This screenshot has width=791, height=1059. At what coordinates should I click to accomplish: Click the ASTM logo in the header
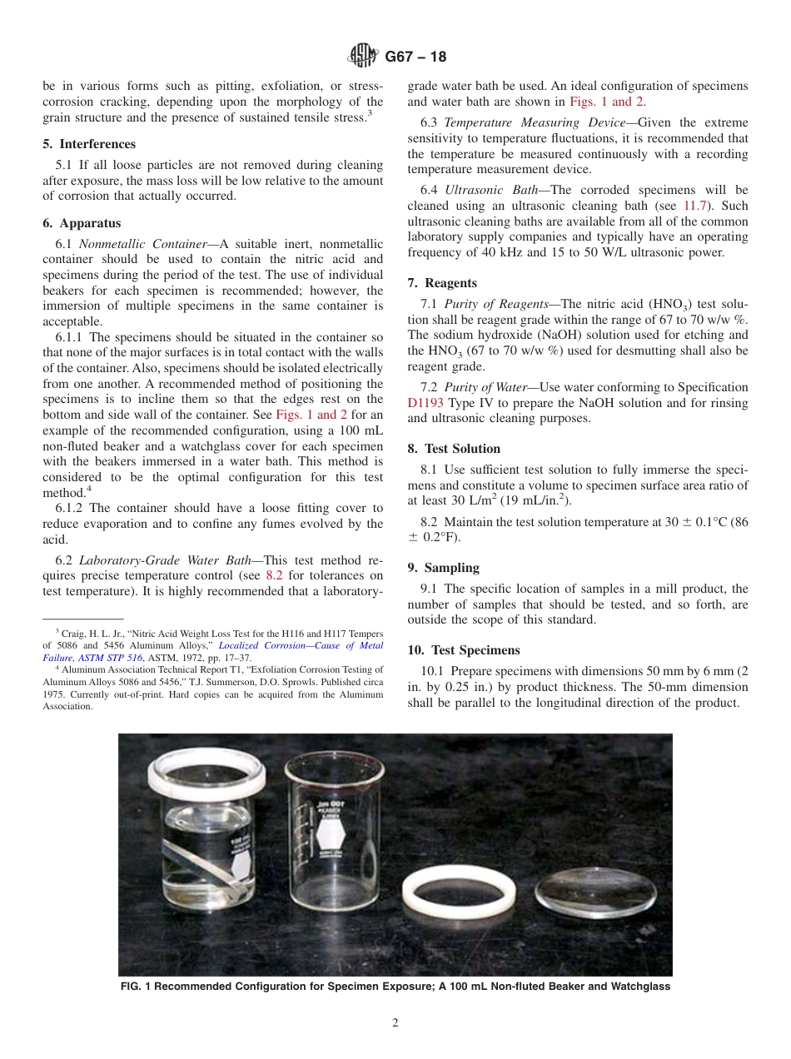click(362, 57)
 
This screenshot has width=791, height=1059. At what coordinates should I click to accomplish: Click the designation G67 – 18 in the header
click(415, 57)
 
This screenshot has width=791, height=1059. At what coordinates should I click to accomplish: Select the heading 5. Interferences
click(89, 144)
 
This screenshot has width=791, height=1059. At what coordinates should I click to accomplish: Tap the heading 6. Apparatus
click(82, 223)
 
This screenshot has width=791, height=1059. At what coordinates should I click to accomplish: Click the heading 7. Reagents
click(442, 283)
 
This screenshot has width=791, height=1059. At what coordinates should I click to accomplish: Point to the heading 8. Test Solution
click(454, 449)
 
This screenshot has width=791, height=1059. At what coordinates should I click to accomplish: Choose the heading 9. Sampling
click(443, 568)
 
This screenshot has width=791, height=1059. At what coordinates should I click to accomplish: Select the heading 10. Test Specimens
click(463, 650)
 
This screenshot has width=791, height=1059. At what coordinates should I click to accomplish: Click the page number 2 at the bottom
click(395, 1023)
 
